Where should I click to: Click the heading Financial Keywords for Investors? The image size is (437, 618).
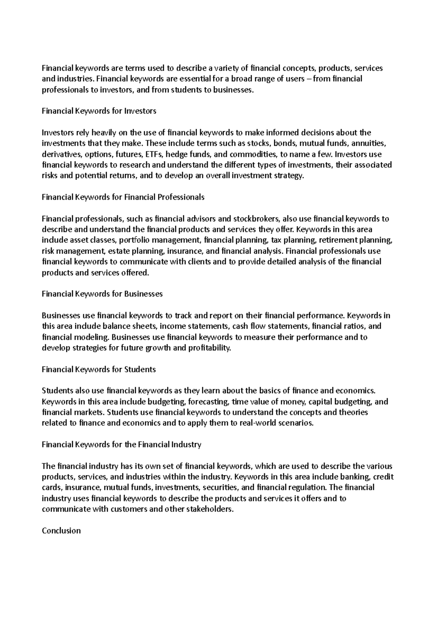(99, 111)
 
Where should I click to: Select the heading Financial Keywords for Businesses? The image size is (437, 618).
(102, 294)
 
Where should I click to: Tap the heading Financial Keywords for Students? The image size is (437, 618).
(99, 369)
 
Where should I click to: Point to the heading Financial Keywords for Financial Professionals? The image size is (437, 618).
(123, 197)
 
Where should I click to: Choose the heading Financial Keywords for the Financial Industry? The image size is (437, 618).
(122, 444)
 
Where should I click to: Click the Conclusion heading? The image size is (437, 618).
(61, 531)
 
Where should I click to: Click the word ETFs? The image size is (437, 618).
(154, 154)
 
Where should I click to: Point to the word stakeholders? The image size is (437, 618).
(209, 509)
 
